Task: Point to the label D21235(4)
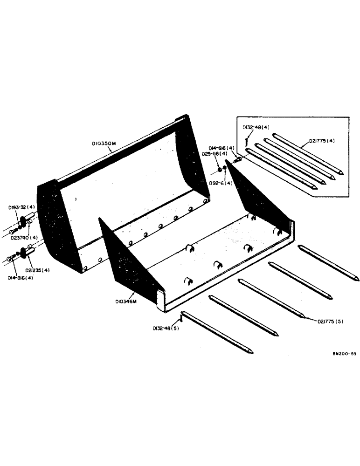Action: pyautogui.click(x=39, y=269)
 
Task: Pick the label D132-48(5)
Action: pyautogui.click(x=165, y=328)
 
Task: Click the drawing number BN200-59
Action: pyautogui.click(x=344, y=354)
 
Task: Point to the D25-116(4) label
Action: pyautogui.click(x=215, y=153)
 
